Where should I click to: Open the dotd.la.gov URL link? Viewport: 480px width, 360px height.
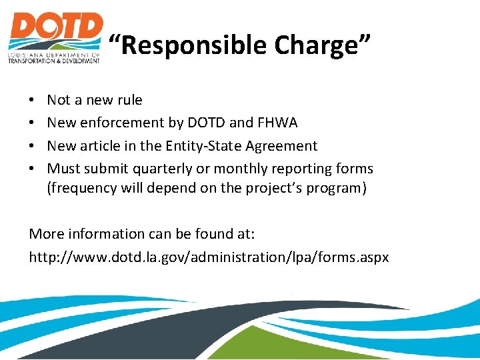point(209,257)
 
